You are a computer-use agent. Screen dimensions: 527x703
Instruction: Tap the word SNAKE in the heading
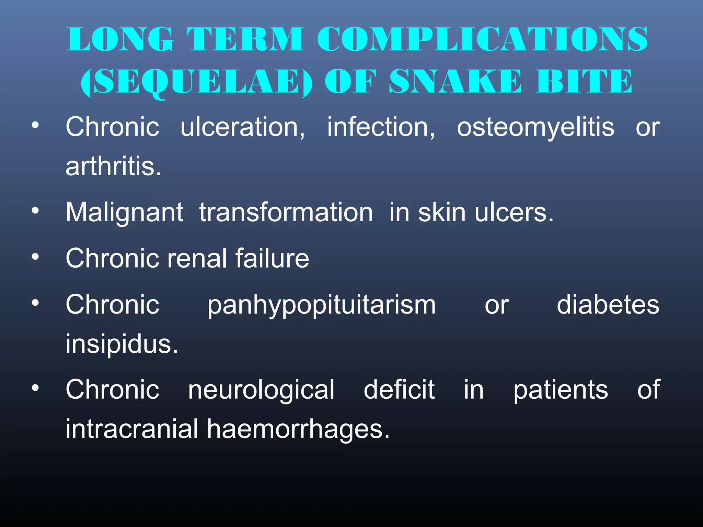click(x=455, y=81)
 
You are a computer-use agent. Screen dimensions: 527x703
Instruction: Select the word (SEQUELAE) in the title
click(x=196, y=82)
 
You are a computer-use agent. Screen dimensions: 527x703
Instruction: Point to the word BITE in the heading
click(x=584, y=81)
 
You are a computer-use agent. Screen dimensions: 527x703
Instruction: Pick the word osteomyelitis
click(x=535, y=127)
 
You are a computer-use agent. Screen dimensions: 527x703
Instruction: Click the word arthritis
click(x=113, y=166)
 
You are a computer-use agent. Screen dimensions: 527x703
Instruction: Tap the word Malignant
click(x=124, y=213)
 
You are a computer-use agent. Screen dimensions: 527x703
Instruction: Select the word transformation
click(x=286, y=212)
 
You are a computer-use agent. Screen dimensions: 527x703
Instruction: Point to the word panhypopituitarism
click(x=322, y=305)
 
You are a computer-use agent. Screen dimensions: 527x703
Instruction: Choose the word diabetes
click(x=608, y=304)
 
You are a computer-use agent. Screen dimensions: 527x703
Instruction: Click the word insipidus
click(x=122, y=344)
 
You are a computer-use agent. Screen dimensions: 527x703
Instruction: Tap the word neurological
click(x=261, y=390)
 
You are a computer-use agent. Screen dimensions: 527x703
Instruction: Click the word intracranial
click(x=132, y=429)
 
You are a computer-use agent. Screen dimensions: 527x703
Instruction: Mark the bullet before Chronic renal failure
click(x=35, y=257)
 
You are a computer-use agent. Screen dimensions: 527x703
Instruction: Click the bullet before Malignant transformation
click(x=35, y=211)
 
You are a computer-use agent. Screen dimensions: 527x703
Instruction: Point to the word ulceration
click(x=243, y=127)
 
